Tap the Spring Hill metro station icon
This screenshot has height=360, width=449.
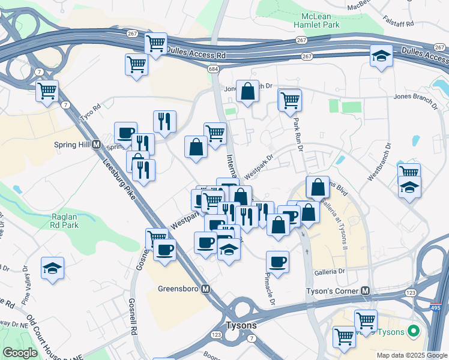96,145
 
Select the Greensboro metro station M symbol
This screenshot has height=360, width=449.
206,289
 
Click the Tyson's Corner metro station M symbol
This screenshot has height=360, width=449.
365,290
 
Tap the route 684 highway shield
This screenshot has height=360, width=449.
214,70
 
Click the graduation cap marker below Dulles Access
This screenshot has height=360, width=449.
381,56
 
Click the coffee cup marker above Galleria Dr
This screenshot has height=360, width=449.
277,261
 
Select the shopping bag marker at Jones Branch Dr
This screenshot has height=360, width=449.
247,91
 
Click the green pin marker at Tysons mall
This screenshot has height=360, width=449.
413,331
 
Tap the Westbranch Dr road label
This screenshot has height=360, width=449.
379,163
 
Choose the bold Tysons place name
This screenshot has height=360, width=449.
241,325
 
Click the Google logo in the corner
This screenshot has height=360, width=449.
20,353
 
